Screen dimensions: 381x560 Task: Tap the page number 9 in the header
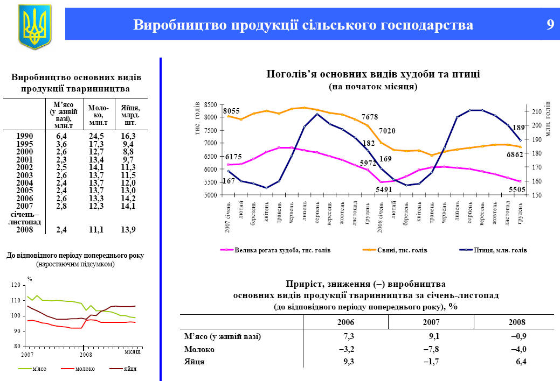550,25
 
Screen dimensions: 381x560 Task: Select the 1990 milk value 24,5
96,136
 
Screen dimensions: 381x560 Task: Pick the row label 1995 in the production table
24,144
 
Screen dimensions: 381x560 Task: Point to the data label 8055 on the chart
231,110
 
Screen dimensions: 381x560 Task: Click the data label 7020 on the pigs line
387,131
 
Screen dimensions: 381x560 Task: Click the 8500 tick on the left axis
210,104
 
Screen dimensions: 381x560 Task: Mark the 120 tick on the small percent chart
15,285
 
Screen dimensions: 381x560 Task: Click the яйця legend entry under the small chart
129,369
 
